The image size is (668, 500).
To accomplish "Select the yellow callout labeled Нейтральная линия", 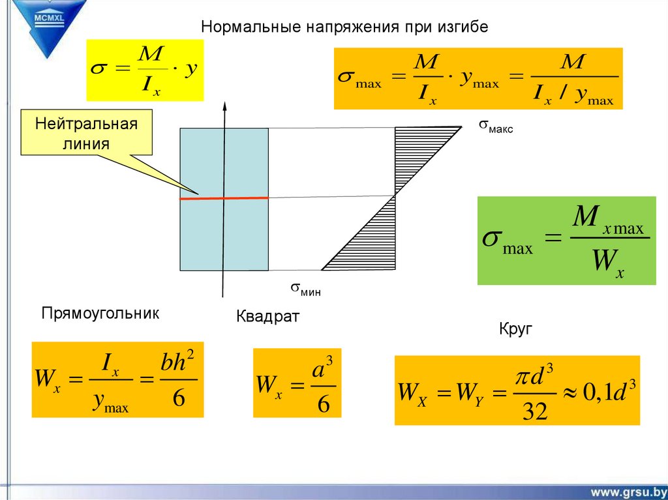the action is (x=86, y=133).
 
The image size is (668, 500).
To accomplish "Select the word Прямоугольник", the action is (x=100, y=314).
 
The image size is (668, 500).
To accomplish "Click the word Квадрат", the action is (x=267, y=317).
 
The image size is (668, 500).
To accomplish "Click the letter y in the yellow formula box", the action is (x=190, y=71).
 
